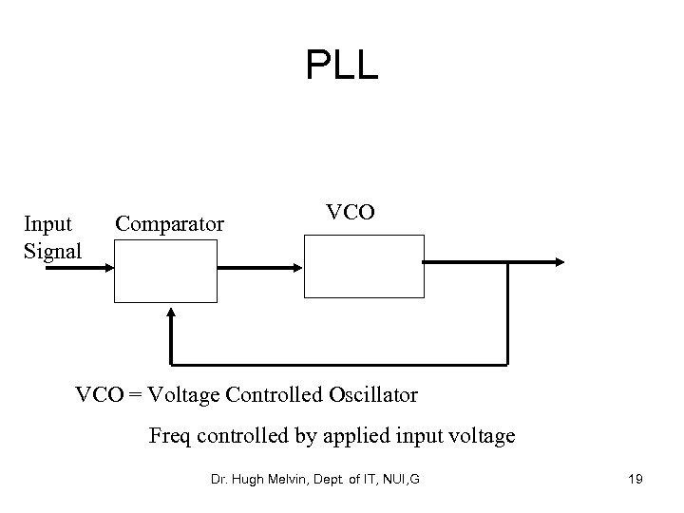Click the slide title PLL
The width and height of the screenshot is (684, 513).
click(342, 66)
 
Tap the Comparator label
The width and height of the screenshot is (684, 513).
click(169, 224)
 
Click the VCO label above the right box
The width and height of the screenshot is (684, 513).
click(351, 212)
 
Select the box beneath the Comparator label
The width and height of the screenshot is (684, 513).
click(165, 270)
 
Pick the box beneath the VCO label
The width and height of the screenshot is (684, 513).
click(363, 265)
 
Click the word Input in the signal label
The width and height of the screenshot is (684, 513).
click(47, 224)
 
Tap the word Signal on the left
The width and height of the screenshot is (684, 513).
click(52, 251)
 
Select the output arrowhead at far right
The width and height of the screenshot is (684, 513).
click(560, 263)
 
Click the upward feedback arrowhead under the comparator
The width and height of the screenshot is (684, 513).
click(171, 313)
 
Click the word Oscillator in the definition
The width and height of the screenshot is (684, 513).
click(371, 393)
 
